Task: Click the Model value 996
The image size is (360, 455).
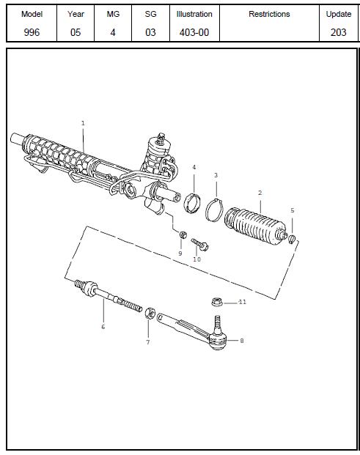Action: pyautogui.click(x=32, y=32)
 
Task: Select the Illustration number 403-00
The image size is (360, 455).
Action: pyautogui.click(x=194, y=32)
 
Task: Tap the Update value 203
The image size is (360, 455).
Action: pyautogui.click(x=339, y=32)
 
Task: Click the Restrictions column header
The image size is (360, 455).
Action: pyautogui.click(x=269, y=14)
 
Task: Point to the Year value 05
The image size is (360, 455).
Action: pyautogui.click(x=76, y=32)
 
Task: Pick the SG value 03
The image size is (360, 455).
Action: pyautogui.click(x=150, y=32)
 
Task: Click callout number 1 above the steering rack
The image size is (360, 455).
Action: pyautogui.click(x=83, y=123)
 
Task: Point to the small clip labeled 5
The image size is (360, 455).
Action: pyautogui.click(x=292, y=239)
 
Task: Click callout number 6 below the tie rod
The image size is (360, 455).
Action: pyautogui.click(x=103, y=327)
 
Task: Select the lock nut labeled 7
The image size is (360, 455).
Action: pyautogui.click(x=150, y=314)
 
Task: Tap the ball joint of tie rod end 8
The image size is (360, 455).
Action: pyautogui.click(x=218, y=341)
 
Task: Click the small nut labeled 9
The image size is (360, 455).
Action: pyautogui.click(x=183, y=234)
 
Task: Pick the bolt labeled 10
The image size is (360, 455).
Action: pyautogui.click(x=199, y=244)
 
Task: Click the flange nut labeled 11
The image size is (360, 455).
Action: pyautogui.click(x=217, y=302)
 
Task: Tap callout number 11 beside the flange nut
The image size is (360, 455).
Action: pyautogui.click(x=243, y=302)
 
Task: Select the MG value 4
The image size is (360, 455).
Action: pyautogui.click(x=113, y=32)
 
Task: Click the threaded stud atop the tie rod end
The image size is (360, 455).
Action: pyautogui.click(x=217, y=324)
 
